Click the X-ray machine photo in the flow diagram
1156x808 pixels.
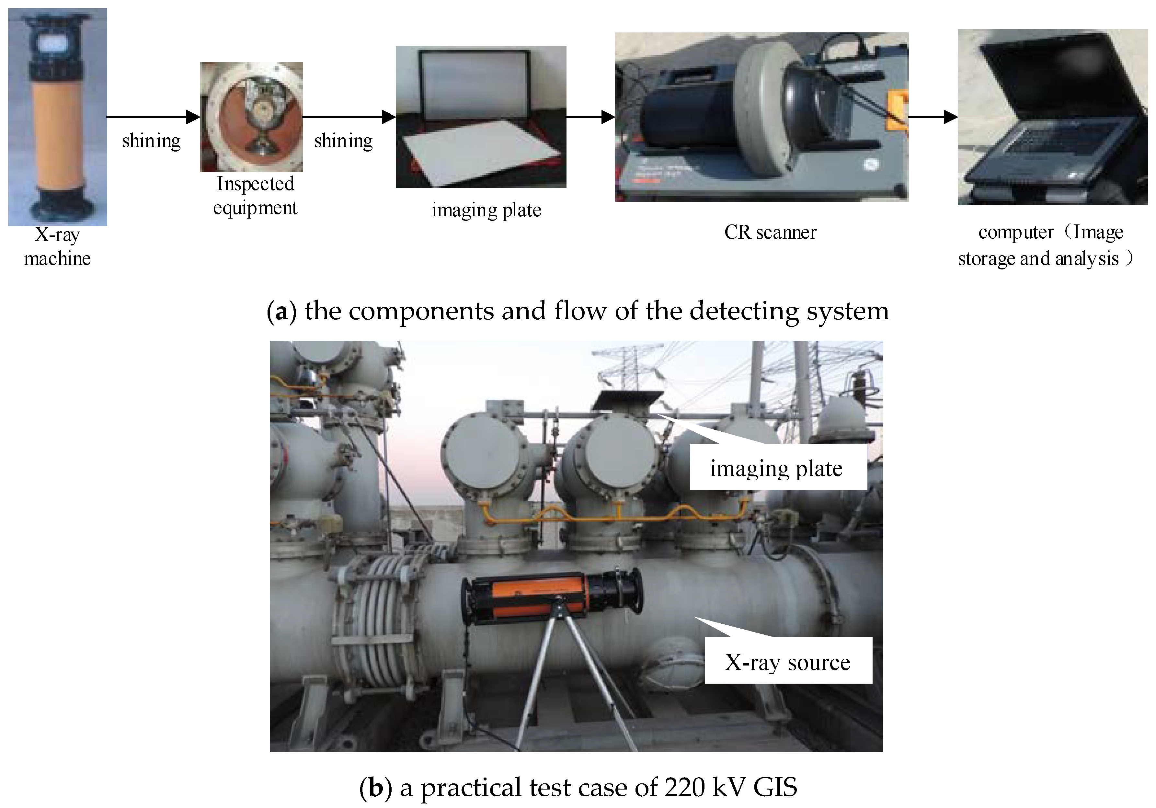(57, 117)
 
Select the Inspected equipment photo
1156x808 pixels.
(251, 117)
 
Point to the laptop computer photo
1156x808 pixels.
(1052, 117)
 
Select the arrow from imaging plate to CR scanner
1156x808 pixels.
(590, 117)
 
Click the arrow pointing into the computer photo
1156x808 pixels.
(933, 117)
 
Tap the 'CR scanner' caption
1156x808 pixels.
(770, 233)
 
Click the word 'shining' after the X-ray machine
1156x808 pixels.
(151, 141)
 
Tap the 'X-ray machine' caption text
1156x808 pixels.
(57, 247)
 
